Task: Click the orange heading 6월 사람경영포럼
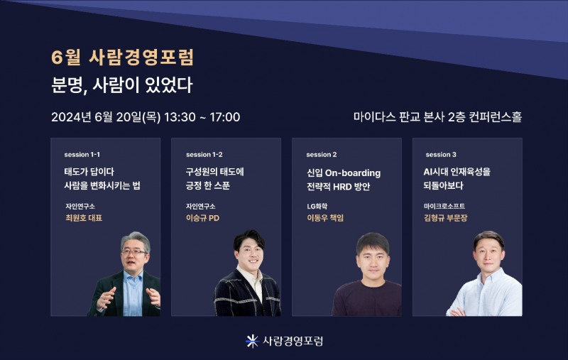tap(123, 57)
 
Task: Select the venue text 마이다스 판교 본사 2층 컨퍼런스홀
tap(437, 117)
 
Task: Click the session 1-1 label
tap(82, 154)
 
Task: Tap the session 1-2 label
tap(204, 154)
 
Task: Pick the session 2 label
tap(321, 154)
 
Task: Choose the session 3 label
tap(441, 154)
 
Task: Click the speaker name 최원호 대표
tap(83, 218)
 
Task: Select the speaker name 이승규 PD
tap(202, 218)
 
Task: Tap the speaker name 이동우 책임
tap(325, 218)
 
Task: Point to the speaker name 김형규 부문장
tap(446, 218)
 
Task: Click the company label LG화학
tap(318, 206)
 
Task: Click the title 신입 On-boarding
tap(343, 173)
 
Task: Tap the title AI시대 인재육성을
tap(457, 172)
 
